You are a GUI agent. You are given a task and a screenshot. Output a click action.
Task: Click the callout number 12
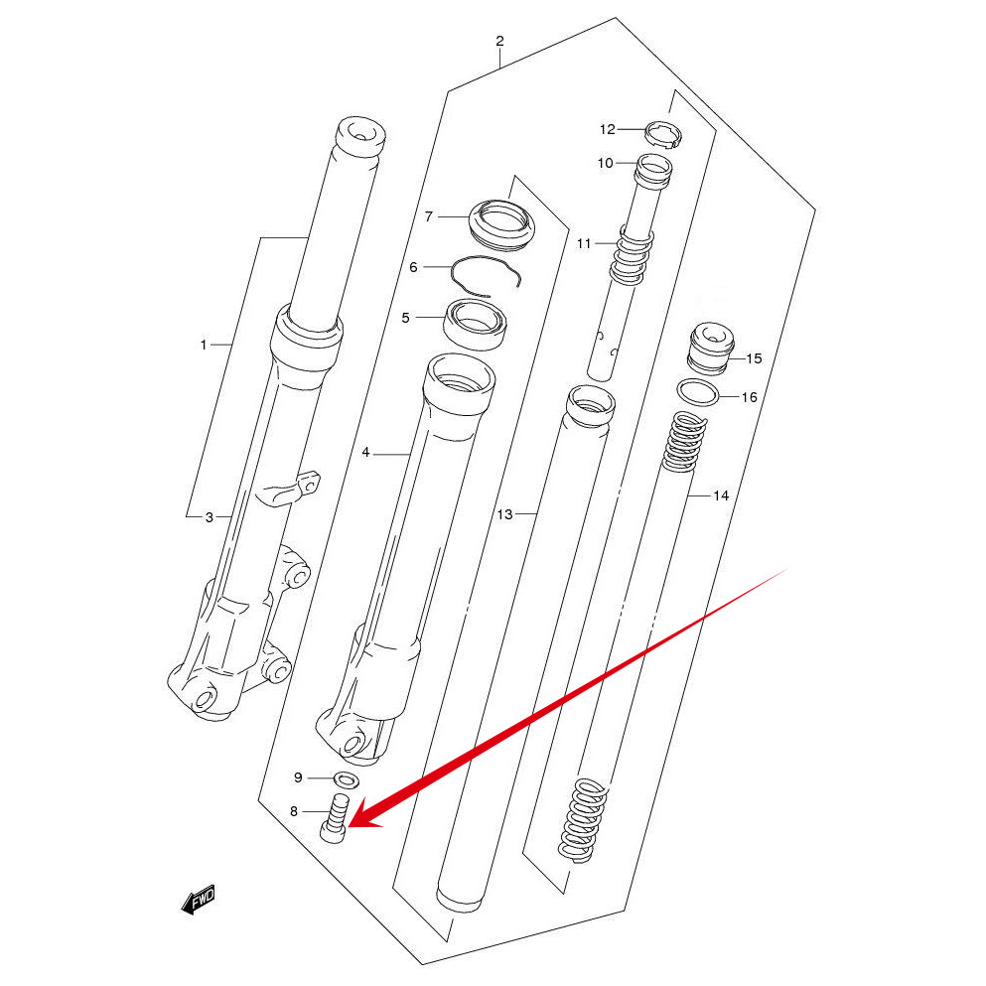point(608,129)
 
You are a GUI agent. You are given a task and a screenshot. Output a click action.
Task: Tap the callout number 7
point(429,216)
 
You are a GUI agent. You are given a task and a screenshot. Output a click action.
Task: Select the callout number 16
point(749,397)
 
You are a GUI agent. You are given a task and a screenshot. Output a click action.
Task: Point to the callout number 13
point(504,514)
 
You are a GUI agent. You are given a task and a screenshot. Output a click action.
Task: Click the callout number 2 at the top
point(499,42)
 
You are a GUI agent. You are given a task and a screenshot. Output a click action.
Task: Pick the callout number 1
point(204,345)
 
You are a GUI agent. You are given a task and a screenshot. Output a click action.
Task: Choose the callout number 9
point(298,776)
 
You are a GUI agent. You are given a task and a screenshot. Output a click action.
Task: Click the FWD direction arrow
point(198,900)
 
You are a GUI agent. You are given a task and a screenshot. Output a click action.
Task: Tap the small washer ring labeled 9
point(347,777)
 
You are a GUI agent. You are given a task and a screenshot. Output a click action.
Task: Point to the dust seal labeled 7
point(501,223)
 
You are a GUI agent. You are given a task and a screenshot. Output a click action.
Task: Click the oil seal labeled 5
point(475,323)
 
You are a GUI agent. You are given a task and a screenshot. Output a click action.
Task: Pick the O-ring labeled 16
point(699,393)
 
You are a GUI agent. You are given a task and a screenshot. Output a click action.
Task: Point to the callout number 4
point(365,453)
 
